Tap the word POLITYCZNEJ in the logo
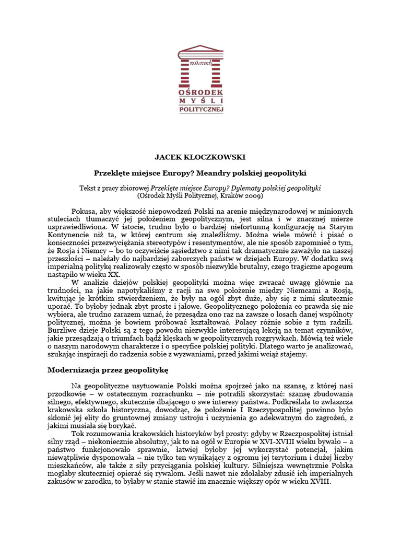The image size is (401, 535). coord(200,109)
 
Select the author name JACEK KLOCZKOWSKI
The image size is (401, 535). coord(200,157)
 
